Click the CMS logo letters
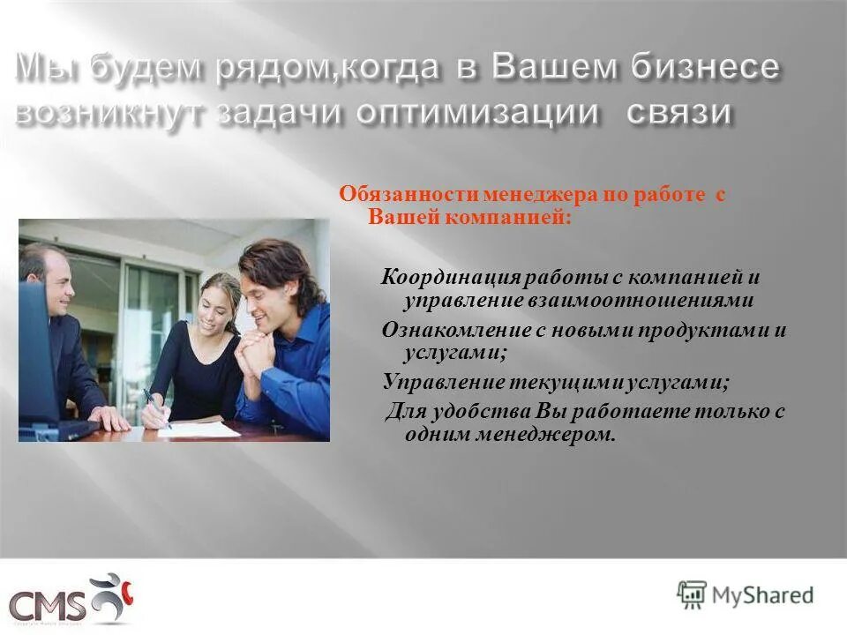[49, 606]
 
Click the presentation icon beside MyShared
[692, 594]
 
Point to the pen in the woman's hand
[157, 407]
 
